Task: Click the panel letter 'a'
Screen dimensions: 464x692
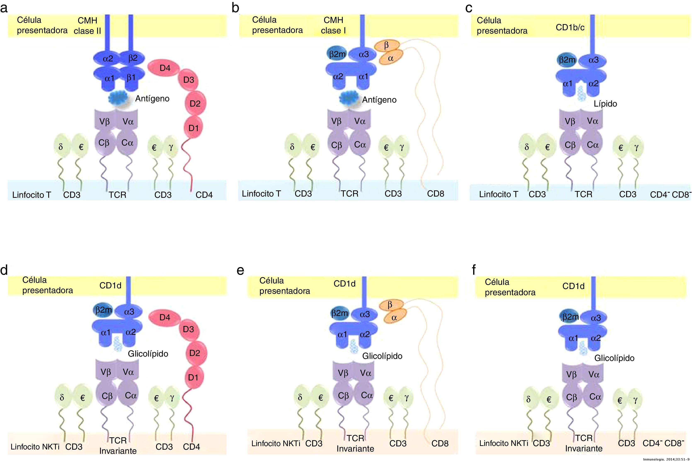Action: tap(4, 8)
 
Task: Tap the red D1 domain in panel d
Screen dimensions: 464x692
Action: tap(193, 377)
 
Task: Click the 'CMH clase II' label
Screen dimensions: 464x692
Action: tap(87, 26)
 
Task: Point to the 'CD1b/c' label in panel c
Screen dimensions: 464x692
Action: tap(570, 28)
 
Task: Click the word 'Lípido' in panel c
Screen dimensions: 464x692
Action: tap(605, 104)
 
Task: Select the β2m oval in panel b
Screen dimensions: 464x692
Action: tap(337, 54)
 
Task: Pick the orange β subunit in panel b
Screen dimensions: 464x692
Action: tap(386, 45)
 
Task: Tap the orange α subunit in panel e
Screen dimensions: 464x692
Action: tap(394, 317)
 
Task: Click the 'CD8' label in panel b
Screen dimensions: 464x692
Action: tap(435, 194)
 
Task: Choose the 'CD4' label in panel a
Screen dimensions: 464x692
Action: tap(204, 195)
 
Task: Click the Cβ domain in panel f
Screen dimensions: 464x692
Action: tap(571, 397)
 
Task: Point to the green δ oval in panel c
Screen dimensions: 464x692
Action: tap(527, 147)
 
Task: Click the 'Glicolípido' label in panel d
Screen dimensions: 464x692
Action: tap(148, 354)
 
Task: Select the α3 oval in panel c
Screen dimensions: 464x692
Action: tap(593, 60)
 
